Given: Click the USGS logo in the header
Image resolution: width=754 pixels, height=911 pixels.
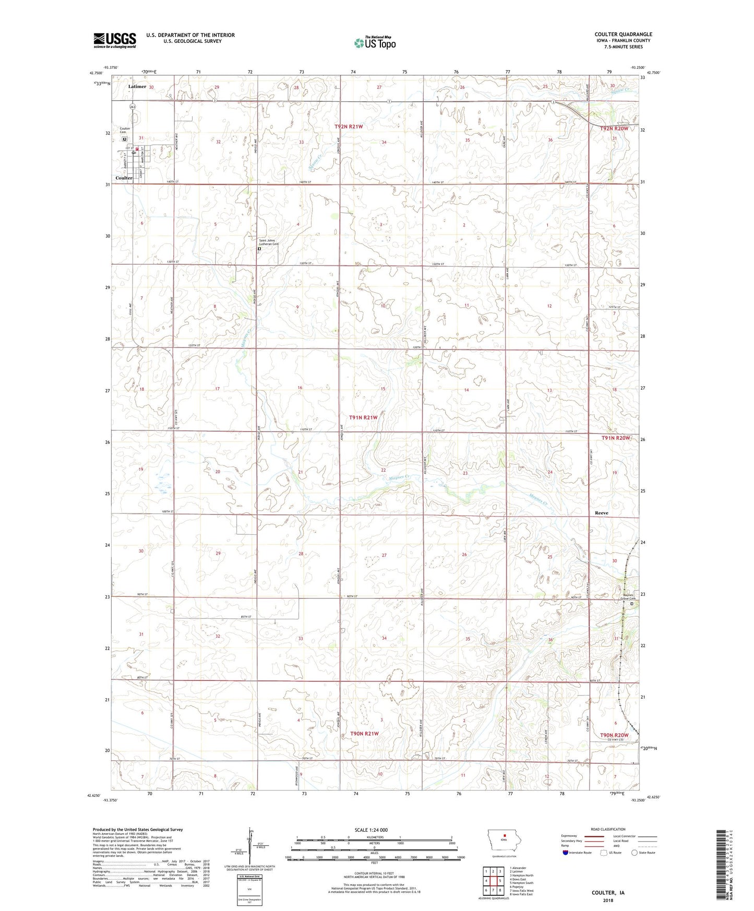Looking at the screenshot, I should click(x=115, y=40).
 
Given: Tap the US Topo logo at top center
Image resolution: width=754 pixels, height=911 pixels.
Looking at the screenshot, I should click(x=375, y=42).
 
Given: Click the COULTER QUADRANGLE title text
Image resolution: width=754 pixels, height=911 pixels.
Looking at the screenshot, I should click(x=623, y=34).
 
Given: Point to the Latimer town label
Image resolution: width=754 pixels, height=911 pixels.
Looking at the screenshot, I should click(x=137, y=87).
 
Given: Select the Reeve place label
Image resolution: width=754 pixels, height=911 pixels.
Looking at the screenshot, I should click(x=601, y=513).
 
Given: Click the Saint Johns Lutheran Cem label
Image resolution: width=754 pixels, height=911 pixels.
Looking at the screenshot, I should click(x=269, y=243).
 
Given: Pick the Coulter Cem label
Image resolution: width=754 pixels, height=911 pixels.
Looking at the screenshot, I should click(x=125, y=130).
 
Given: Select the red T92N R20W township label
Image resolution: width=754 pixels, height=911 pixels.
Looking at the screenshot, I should click(x=615, y=128).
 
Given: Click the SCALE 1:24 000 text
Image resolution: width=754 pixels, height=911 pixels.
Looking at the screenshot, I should click(x=371, y=830).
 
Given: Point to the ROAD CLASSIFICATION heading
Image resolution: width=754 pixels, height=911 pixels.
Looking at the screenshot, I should click(x=608, y=829).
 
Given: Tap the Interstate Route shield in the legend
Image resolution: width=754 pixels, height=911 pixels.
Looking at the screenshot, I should click(x=566, y=853).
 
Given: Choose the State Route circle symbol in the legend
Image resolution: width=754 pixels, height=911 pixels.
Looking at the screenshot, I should click(x=635, y=853).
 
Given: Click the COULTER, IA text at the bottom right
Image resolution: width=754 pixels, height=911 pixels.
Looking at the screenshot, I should click(x=608, y=893).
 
